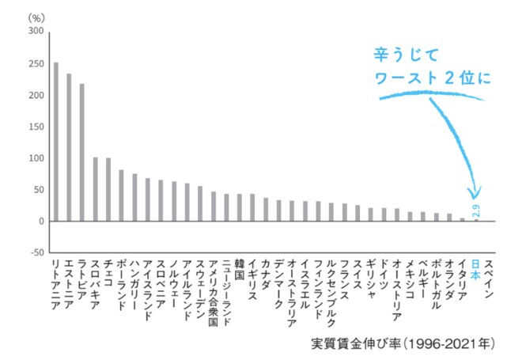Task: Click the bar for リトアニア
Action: [x=55, y=142]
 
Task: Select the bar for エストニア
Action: [x=69, y=147]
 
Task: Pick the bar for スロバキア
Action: [x=95, y=189]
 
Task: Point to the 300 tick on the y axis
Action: [x=36, y=32]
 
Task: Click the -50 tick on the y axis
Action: [x=36, y=252]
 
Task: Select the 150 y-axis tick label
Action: [x=36, y=127]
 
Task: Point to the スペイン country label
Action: [x=489, y=278]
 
